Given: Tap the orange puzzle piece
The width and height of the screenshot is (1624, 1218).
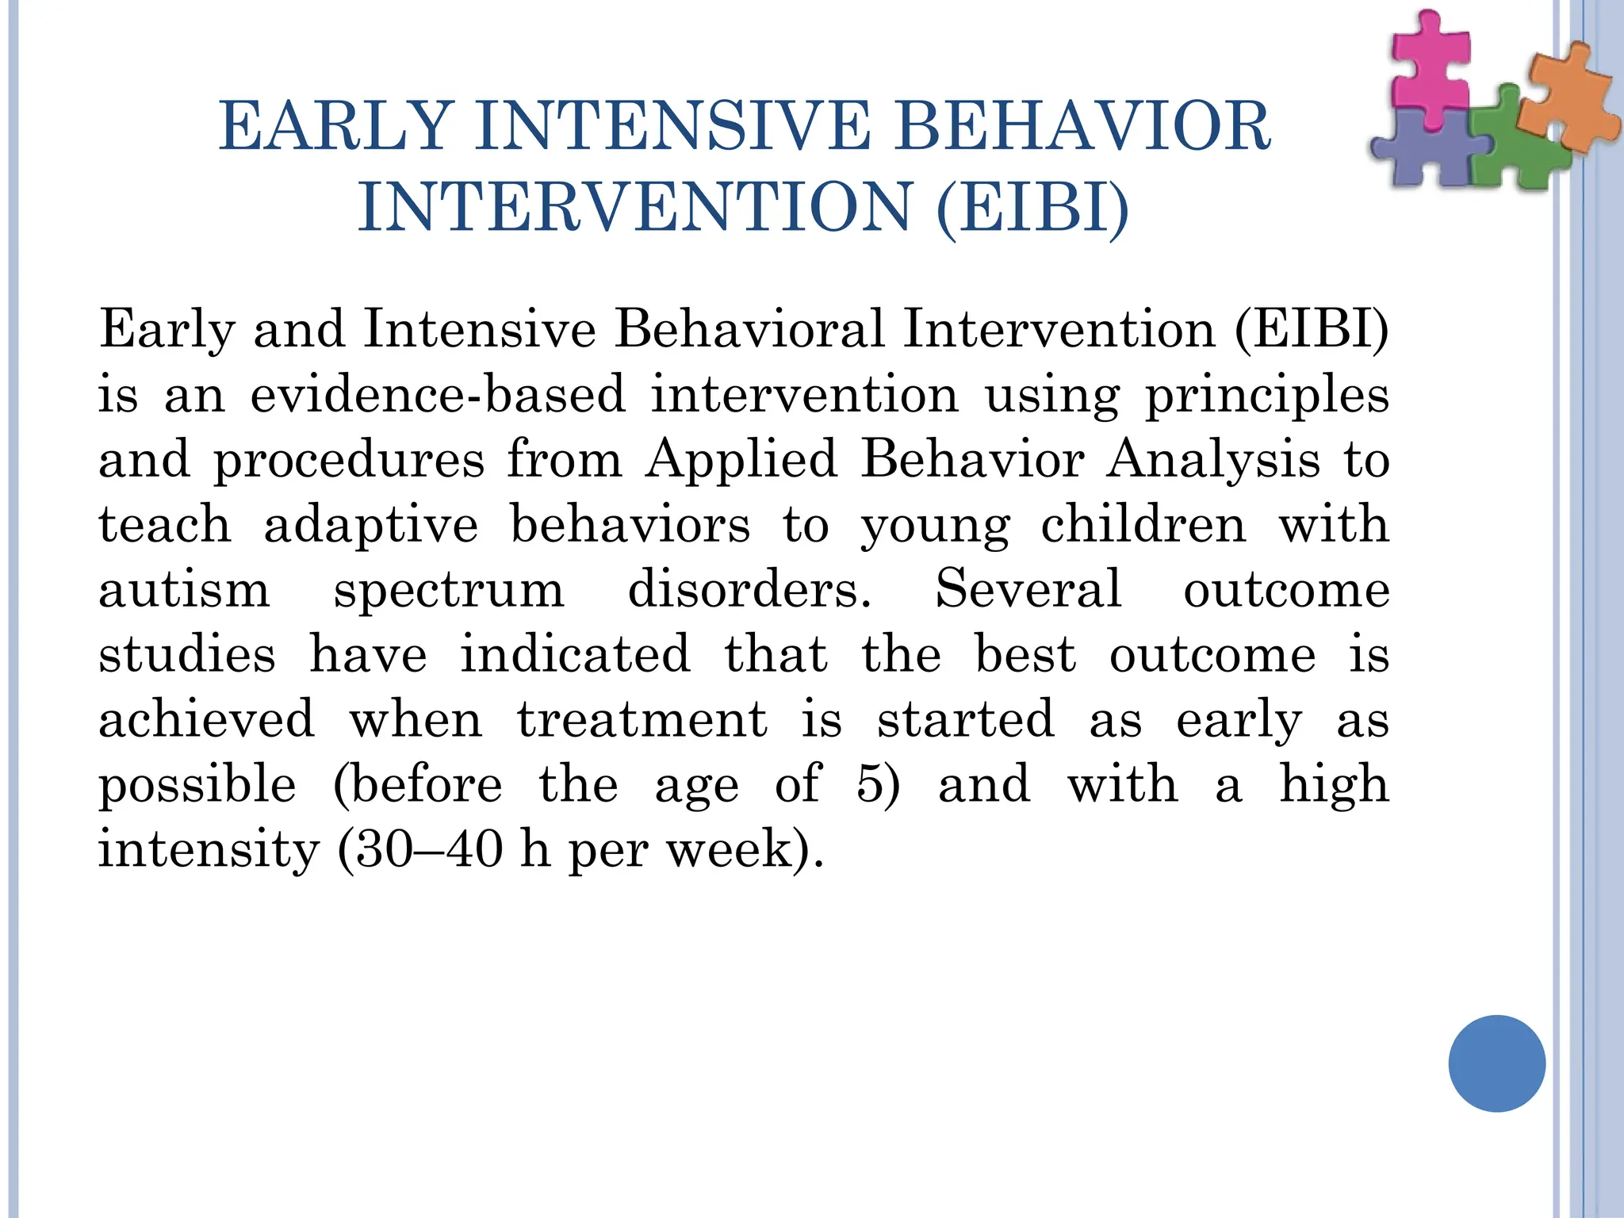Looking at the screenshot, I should (x=1566, y=103).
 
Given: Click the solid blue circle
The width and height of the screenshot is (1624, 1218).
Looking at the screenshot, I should (x=1496, y=1063).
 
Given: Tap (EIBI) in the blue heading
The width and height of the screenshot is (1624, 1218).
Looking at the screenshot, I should (x=1032, y=208).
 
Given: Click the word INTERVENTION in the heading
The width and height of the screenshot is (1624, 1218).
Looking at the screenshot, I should (x=634, y=208).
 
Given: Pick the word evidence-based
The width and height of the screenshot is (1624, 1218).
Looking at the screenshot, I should (x=438, y=394).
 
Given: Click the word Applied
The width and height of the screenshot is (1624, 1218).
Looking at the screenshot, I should (x=741, y=459).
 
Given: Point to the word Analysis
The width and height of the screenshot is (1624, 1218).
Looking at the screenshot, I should (x=1213, y=459).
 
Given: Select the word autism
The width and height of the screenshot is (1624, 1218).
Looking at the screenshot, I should (x=184, y=590).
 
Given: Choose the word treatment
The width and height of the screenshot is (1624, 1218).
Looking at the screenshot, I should (x=642, y=719).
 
